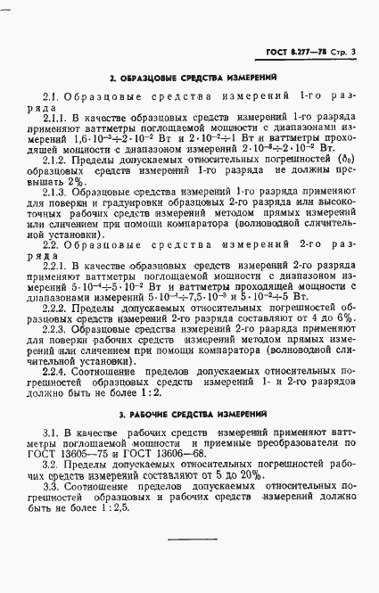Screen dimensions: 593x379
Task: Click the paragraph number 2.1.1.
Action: click(56, 117)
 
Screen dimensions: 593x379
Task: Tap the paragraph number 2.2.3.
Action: click(56, 328)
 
